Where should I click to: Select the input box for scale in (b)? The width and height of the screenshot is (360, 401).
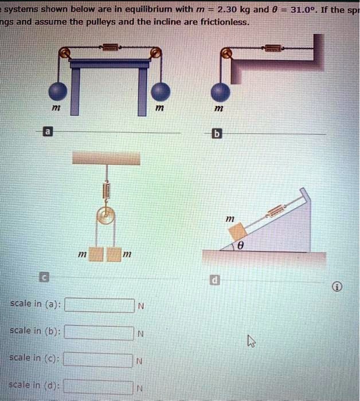pyautogui.click(x=98, y=333)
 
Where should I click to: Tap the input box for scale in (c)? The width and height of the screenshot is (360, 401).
pyautogui.click(x=98, y=360)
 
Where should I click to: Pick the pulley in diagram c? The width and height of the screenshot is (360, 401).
pyautogui.click(x=105, y=216)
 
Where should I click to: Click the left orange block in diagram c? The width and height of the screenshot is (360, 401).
pyautogui.click(x=96, y=253)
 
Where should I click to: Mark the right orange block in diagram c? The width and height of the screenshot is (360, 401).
pyautogui.click(x=114, y=253)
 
